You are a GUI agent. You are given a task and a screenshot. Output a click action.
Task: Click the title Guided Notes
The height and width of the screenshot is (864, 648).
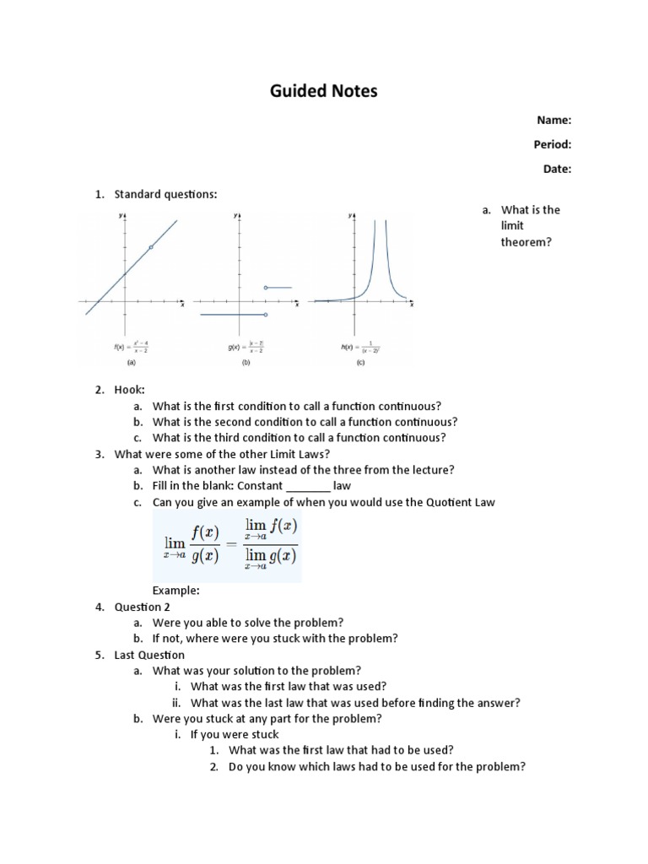tap(324, 90)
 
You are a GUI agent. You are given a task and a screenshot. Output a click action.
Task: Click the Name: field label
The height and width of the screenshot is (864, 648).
tap(554, 121)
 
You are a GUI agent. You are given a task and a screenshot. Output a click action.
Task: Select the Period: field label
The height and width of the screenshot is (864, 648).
tap(552, 144)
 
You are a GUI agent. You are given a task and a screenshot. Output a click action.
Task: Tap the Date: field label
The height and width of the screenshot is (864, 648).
tap(557, 169)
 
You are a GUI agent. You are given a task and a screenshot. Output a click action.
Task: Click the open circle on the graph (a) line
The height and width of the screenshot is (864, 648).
tap(151, 247)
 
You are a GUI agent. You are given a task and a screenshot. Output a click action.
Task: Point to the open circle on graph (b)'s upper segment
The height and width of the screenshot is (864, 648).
tap(266, 288)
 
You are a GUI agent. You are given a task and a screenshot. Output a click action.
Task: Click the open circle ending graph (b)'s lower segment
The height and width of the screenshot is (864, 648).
tap(266, 315)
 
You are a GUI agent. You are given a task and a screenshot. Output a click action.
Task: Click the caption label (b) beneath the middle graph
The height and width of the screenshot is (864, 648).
tap(246, 363)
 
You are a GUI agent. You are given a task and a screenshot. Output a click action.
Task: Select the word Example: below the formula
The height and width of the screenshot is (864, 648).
tap(175, 591)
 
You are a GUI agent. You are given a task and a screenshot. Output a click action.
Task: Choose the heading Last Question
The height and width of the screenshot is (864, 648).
tap(149, 655)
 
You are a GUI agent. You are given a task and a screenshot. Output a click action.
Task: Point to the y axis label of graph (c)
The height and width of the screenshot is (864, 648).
tap(350, 216)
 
